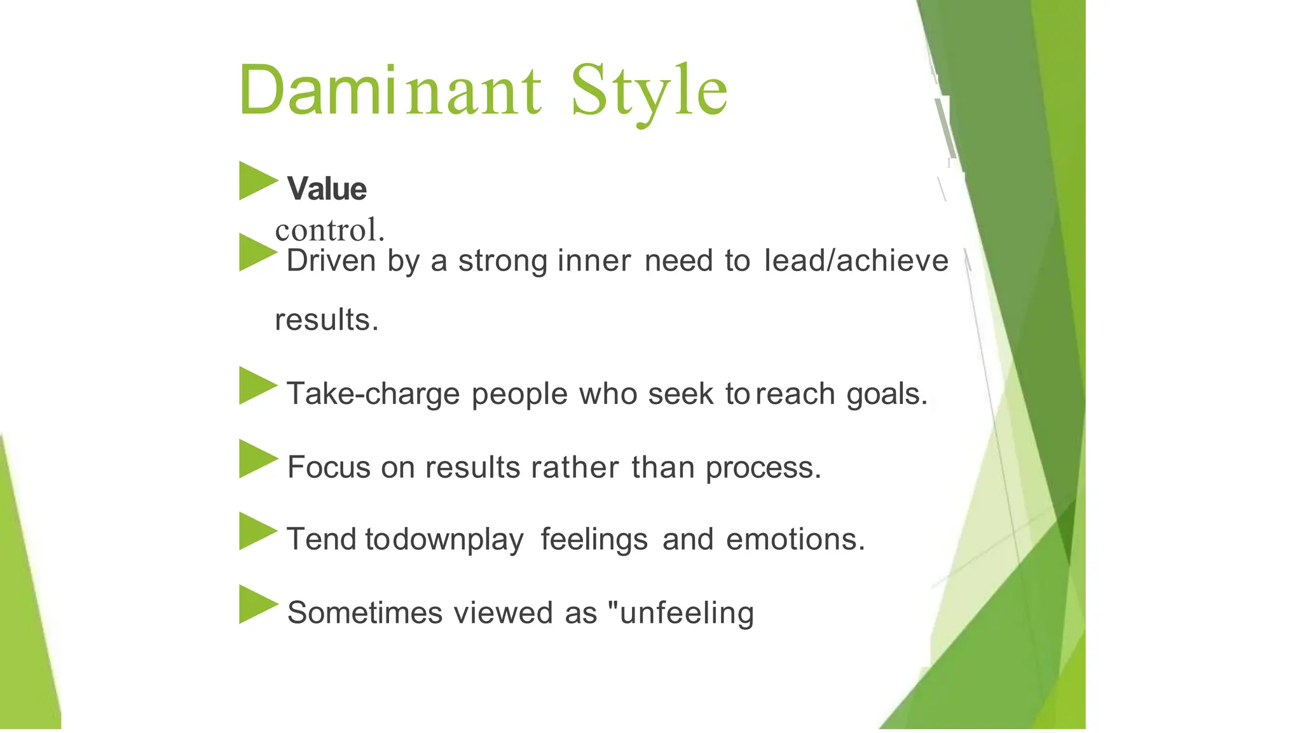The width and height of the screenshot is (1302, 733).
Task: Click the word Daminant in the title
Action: pos(389,90)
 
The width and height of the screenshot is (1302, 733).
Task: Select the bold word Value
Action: pos(327,189)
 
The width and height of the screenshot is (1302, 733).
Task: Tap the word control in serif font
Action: pos(329,230)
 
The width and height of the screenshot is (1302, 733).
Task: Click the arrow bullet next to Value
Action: pos(257,181)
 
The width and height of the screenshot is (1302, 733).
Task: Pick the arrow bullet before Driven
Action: pos(257,253)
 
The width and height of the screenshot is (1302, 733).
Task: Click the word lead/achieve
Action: pos(856,260)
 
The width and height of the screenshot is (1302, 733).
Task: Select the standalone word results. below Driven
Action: pos(327,319)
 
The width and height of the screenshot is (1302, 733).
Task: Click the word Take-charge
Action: pos(373,394)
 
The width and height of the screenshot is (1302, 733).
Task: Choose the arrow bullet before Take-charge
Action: pos(257,386)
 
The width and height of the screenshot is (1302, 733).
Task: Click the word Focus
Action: pos(329,468)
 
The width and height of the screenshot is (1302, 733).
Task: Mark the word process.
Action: pos(764,468)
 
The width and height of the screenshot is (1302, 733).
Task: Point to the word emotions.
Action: pos(795,540)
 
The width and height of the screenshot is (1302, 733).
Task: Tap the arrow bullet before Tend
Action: pos(257,531)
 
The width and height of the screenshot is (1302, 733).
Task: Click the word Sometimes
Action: pos(365,613)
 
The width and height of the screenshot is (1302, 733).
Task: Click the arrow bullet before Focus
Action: pos(257,459)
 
